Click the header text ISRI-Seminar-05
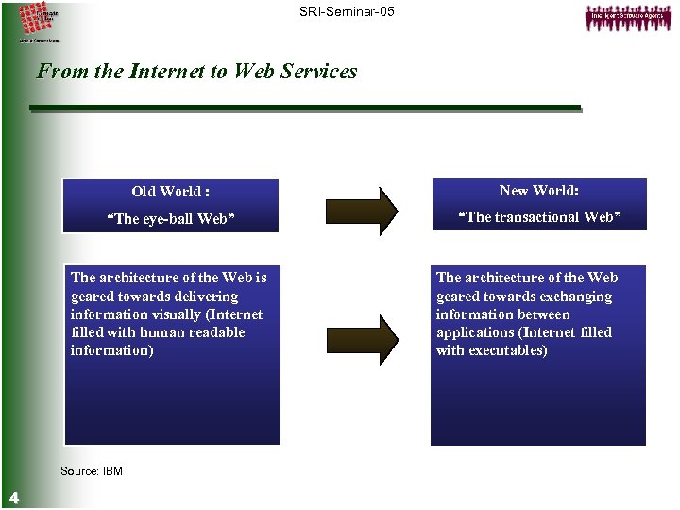coord(345,11)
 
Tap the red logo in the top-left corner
coord(37,19)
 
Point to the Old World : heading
coord(171,192)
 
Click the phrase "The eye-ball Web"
coord(172,220)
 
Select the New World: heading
coord(539,191)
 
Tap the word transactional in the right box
coord(538,217)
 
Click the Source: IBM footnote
coord(91,471)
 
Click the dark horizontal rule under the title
coord(305,109)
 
